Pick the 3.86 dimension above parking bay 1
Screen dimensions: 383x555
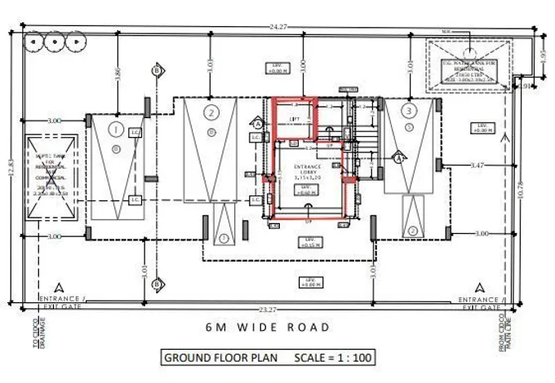pos(118,74)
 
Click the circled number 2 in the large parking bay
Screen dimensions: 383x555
pos(211,112)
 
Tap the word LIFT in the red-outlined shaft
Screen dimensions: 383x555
pos(295,119)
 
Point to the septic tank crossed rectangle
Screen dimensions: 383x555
pos(51,175)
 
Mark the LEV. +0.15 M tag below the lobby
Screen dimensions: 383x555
pos(309,244)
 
